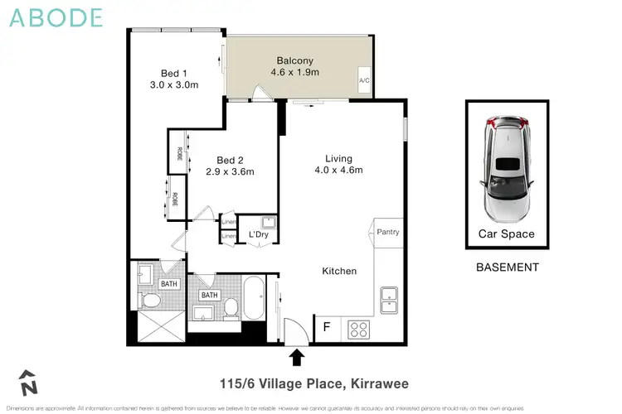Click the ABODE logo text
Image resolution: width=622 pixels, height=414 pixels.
click(x=56, y=17)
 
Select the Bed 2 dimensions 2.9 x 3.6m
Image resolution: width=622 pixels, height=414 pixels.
click(x=235, y=172)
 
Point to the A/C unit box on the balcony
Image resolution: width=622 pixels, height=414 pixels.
click(x=363, y=80)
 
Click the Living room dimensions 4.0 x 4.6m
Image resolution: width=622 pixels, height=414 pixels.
click(x=338, y=171)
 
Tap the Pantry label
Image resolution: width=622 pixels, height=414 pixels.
click(x=388, y=232)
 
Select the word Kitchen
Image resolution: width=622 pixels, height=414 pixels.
click(x=339, y=271)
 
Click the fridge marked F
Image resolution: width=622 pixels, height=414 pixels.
click(x=326, y=326)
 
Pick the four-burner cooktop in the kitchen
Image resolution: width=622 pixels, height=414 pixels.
click(x=358, y=328)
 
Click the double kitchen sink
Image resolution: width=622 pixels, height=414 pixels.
click(x=388, y=296)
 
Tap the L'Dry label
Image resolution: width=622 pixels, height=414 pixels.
click(x=259, y=235)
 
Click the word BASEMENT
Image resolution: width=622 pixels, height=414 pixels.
click(x=507, y=267)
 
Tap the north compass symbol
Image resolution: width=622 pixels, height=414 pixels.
click(x=30, y=382)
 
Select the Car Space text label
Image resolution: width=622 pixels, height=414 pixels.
click(x=506, y=233)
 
